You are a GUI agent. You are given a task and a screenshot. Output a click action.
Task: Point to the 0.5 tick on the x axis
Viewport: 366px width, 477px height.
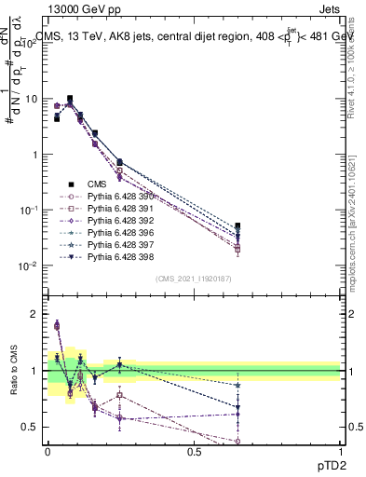pos(194,452)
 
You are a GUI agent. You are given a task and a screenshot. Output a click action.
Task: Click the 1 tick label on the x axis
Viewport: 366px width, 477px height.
pos(340,452)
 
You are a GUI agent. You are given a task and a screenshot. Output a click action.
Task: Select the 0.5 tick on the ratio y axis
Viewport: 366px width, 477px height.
pos(30,428)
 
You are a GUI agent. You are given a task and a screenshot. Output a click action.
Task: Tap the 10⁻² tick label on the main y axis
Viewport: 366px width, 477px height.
pos(29,266)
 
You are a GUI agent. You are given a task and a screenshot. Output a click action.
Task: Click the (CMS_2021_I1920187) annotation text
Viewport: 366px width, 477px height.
pos(193,279)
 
